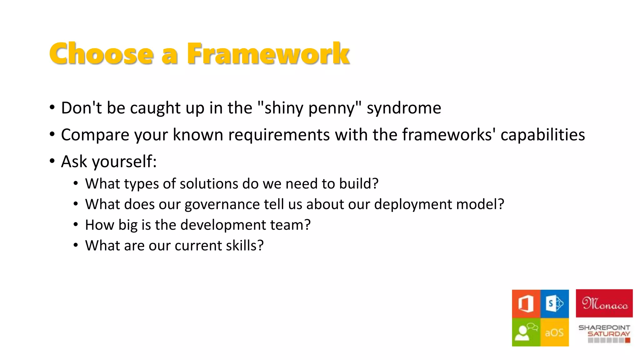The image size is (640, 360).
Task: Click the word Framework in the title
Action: pyautogui.click(x=268, y=54)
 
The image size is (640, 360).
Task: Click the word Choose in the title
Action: pyautogui.click(x=101, y=54)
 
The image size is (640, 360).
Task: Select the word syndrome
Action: pyautogui.click(x=404, y=108)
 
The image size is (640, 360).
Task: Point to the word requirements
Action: pyautogui.click(x=279, y=135)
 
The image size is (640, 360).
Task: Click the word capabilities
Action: pyautogui.click(x=542, y=135)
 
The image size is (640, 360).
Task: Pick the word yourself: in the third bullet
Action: pyautogui.click(x=124, y=162)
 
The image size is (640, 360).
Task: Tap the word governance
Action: pyautogui.click(x=222, y=205)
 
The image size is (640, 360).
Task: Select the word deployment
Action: pyautogui.click(x=413, y=205)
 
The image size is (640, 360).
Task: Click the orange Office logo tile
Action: pyautogui.click(x=526, y=303)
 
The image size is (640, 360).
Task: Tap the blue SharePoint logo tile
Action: pyautogui.click(x=555, y=303)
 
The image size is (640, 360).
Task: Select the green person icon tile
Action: pyautogui.click(x=526, y=332)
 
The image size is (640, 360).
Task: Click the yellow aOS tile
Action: pyautogui.click(x=555, y=332)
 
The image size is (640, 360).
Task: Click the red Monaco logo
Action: pyautogui.click(x=604, y=303)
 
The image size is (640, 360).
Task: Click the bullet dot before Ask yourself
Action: pyautogui.click(x=52, y=161)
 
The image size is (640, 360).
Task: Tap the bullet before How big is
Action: pyautogui.click(x=76, y=224)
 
